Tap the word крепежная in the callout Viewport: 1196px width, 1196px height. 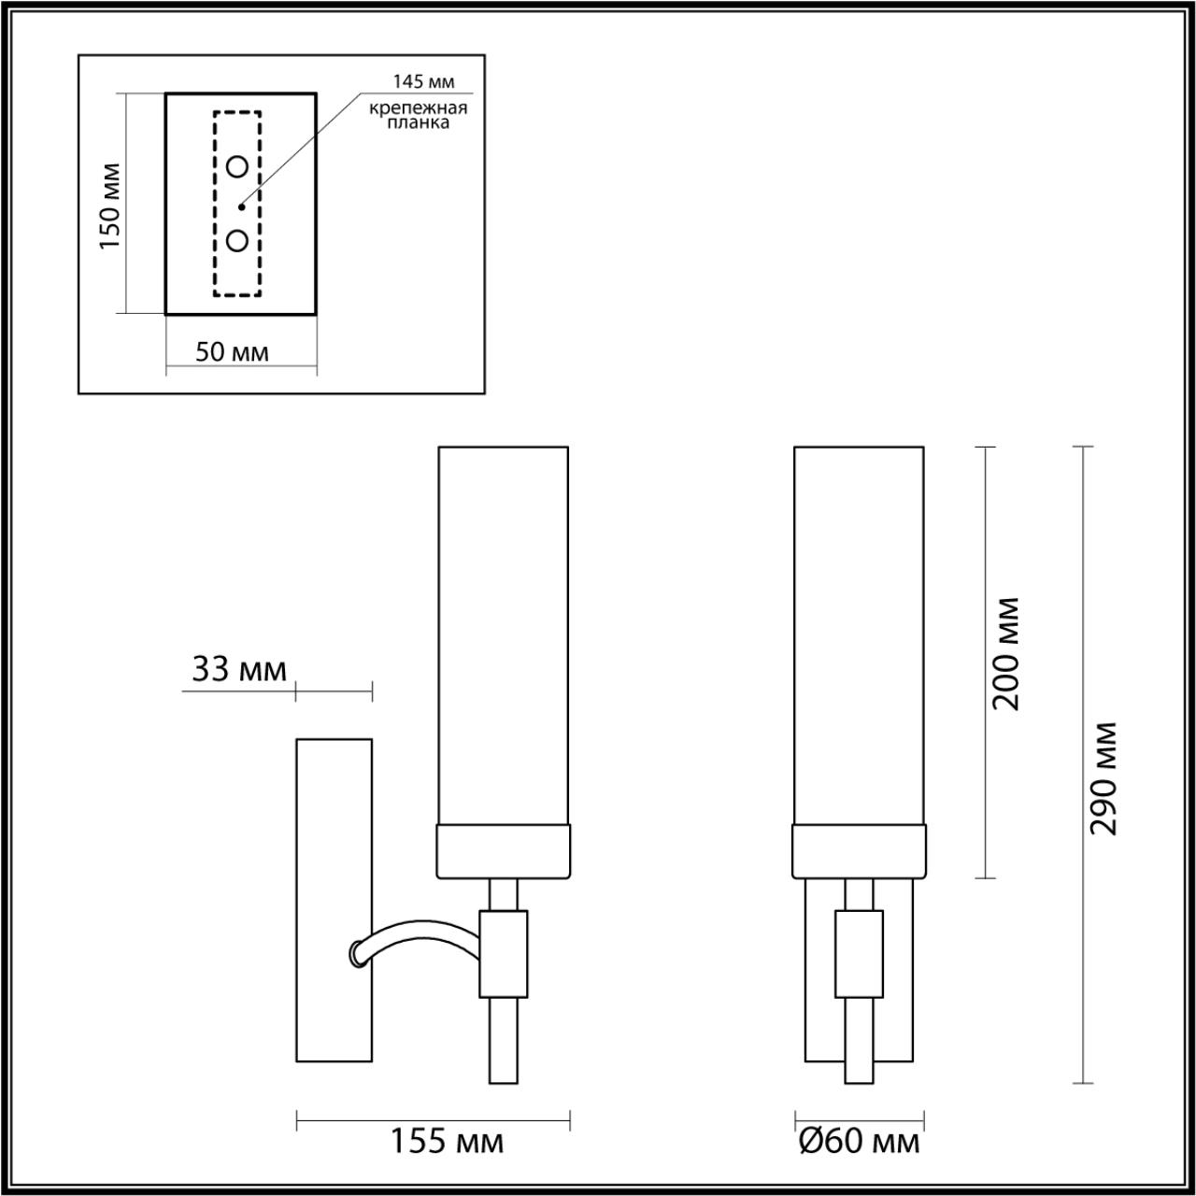(x=418, y=107)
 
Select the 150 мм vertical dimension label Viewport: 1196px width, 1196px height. (x=110, y=206)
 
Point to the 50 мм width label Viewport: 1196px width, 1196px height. (x=232, y=352)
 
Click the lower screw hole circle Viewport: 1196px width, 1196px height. (x=237, y=240)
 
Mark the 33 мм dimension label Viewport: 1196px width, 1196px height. (x=238, y=669)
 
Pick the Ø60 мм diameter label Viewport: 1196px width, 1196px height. (x=860, y=1141)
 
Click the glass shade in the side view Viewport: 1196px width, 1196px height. (x=504, y=635)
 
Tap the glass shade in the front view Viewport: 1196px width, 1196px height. (x=860, y=635)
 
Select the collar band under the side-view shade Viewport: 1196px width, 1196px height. (x=504, y=851)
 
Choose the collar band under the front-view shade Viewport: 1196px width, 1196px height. (x=860, y=851)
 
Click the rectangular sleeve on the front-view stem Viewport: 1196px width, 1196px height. (x=860, y=953)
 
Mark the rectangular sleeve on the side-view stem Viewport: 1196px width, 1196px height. (x=504, y=953)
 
